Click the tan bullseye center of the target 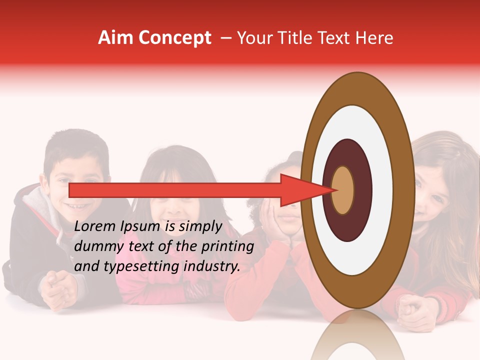[343, 190]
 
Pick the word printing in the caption [227, 247]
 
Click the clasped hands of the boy [60, 286]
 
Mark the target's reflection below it [357, 337]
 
